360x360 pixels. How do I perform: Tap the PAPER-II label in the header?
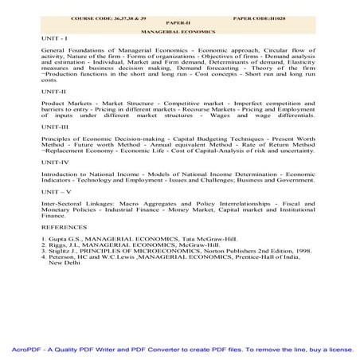point(179,22)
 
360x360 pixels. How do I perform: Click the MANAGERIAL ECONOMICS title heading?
point(179,30)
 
